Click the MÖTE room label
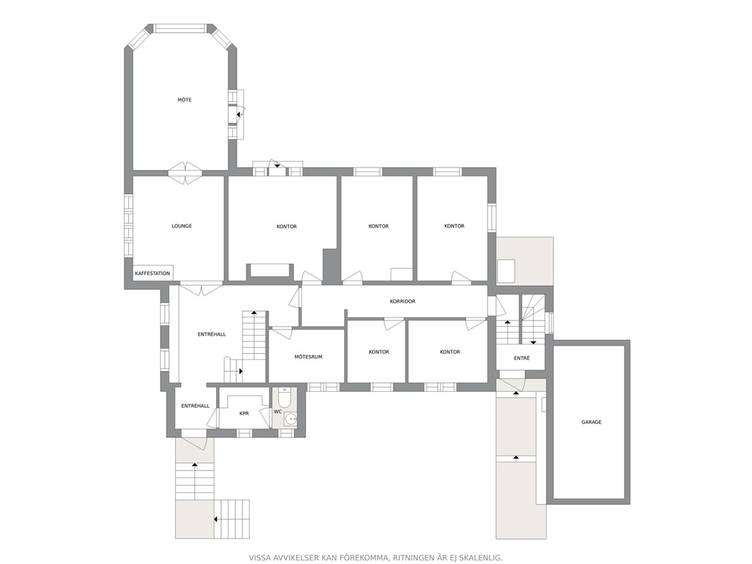click(185, 100)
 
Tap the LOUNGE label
click(182, 226)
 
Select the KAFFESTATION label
click(152, 274)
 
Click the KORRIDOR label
click(403, 302)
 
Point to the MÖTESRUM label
click(309, 357)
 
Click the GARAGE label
click(591, 422)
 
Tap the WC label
click(277, 412)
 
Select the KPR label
click(244, 413)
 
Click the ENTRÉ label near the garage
click(522, 358)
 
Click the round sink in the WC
click(290, 420)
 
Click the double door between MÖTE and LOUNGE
click(185, 173)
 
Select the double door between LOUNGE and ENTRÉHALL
click(201, 289)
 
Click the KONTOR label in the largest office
click(287, 227)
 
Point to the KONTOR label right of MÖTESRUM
click(379, 352)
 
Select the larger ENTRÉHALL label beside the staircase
click(211, 334)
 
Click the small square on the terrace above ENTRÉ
click(506, 271)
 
